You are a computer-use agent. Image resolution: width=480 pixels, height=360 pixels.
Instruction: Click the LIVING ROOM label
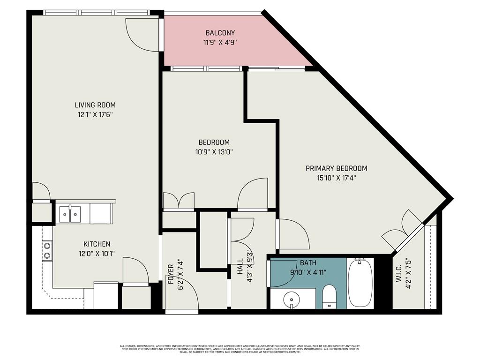click(95, 105)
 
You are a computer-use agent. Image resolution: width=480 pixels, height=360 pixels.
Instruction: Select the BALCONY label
click(220, 33)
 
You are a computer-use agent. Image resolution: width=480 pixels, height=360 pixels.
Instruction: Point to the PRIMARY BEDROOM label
click(336, 168)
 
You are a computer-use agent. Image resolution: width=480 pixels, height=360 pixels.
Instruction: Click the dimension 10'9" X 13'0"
click(214, 151)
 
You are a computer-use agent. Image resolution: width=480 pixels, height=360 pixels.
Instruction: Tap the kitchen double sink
click(70, 214)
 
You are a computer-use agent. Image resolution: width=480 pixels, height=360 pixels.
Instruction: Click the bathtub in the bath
click(360, 283)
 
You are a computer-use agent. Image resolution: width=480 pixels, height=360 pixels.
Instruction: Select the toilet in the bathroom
click(330, 296)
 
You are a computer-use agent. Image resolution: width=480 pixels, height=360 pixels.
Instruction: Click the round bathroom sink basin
click(292, 299)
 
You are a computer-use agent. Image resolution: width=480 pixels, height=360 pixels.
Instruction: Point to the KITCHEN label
click(97, 244)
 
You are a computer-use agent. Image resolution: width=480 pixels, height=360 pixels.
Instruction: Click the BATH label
click(308, 263)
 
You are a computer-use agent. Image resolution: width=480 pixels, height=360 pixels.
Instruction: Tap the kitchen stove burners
click(47, 250)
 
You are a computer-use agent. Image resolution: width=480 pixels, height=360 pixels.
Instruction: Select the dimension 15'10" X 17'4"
click(336, 178)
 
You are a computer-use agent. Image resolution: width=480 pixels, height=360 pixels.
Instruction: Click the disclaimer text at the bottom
click(240, 349)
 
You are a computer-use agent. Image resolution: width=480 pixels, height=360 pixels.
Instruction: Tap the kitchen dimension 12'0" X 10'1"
click(97, 254)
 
